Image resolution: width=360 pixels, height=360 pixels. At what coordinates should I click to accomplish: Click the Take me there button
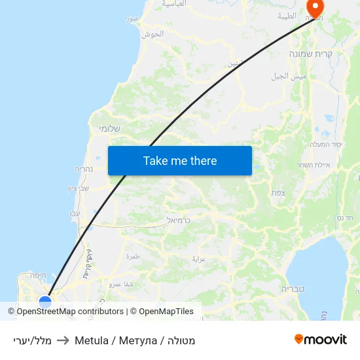coord(179,160)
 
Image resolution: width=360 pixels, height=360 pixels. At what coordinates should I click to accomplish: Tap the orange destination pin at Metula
coord(315,8)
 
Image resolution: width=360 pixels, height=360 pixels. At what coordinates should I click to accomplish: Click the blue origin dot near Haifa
coord(45,302)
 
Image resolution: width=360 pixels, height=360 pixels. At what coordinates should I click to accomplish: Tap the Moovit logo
coord(320,340)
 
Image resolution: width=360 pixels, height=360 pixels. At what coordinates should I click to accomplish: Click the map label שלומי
coord(109,128)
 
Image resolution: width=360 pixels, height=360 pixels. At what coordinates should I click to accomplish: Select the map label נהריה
coord(86,169)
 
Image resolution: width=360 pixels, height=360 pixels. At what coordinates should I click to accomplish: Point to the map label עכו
coord(75,214)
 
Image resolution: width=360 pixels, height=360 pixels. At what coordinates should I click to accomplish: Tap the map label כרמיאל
coord(178,220)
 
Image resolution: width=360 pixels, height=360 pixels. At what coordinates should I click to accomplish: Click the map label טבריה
coord(293,288)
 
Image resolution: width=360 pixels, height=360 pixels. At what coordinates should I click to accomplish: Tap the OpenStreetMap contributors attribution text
coord(69,312)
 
